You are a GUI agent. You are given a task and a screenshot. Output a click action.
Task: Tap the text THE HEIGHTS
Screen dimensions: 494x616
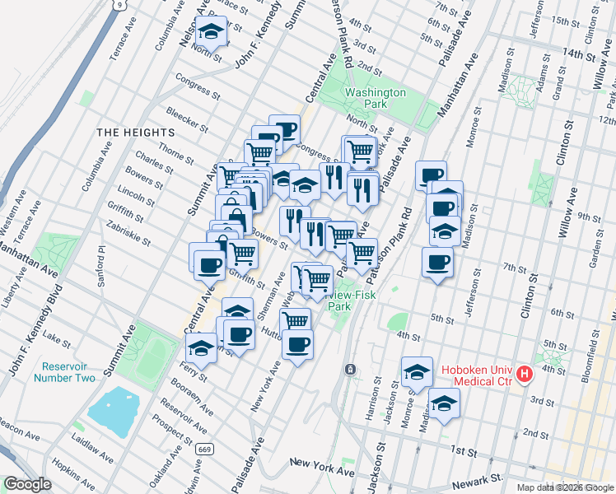136,132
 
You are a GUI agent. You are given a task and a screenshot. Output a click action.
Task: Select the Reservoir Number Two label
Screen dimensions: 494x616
64,371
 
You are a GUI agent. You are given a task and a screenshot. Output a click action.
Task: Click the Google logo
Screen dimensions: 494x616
27,484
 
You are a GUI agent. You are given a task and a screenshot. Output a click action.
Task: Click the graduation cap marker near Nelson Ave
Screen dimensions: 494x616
213,33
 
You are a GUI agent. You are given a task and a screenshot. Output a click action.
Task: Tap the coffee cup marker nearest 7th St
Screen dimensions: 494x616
437,263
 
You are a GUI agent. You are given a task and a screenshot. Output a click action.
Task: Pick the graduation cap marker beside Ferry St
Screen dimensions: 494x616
201,347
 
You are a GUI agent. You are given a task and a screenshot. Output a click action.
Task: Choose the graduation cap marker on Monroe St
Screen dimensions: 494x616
417,372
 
